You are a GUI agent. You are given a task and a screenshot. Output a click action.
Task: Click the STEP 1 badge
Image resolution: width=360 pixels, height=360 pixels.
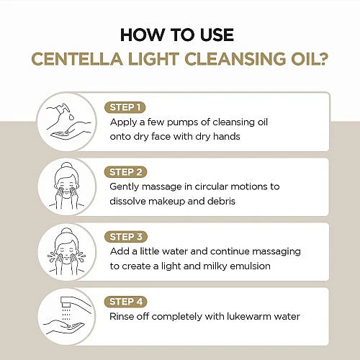pos(125,107)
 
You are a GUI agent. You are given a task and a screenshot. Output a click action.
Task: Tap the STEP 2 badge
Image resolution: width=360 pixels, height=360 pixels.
pos(125,172)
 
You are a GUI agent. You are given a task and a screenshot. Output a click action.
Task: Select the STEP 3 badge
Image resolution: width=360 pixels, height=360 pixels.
pos(126,237)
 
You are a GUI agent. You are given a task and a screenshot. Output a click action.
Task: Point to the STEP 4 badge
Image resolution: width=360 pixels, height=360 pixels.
pos(126,302)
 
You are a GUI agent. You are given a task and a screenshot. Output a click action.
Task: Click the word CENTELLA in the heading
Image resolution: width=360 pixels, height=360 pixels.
pos(77,59)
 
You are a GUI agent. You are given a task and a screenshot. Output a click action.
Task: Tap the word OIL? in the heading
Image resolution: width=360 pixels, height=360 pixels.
pos(310,59)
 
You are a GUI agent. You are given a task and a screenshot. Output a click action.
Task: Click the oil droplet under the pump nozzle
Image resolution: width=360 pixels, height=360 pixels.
pos(71,117)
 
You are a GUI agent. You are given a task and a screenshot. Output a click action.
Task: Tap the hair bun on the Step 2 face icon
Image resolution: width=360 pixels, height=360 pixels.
pos(66,166)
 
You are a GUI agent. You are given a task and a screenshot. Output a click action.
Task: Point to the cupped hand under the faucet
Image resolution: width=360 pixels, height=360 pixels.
pos(64,328)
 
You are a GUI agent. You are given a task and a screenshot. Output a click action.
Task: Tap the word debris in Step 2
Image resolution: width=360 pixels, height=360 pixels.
pos(221,201)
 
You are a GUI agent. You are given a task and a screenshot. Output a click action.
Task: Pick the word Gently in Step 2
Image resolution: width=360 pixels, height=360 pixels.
pos(124,187)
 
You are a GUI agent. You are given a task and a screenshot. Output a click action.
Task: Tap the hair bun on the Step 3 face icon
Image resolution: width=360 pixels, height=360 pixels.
pos(66,232)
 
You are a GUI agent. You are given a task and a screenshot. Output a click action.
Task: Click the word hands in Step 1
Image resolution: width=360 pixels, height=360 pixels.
pos(226,137)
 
